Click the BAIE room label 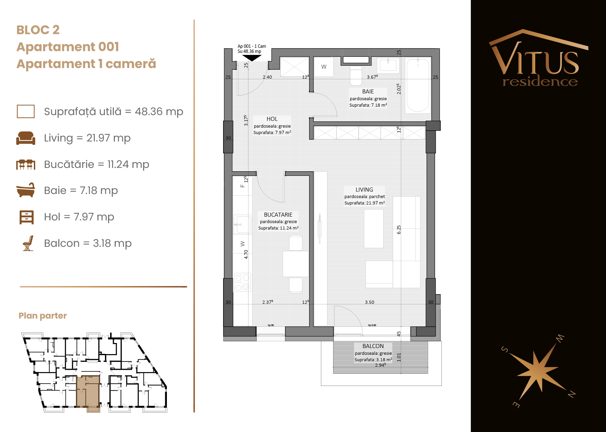coord(368,91)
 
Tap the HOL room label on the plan coord(272,119)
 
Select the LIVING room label coord(364,190)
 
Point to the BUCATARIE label coord(278,215)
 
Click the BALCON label coord(373,346)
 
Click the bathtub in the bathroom coord(418,86)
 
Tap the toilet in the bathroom coord(356,75)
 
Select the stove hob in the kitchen coord(242,282)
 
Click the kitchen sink coord(242,224)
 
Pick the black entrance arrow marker coord(252,58)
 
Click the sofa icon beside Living coord(26,138)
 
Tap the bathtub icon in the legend coord(26,190)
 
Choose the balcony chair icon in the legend coord(28,243)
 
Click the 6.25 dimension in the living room coord(399,230)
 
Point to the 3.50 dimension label coord(370,302)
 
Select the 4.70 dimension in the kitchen coord(246,254)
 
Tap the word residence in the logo coord(540,81)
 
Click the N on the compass coord(571,394)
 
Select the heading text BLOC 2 coord(38,30)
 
